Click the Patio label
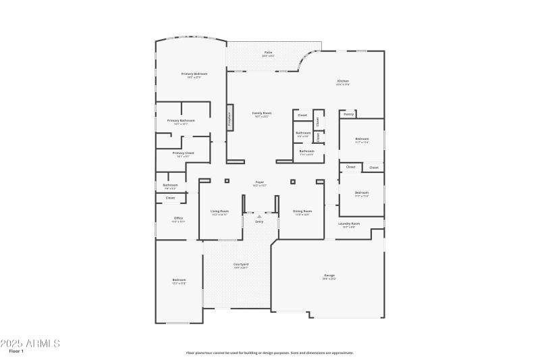[268, 52]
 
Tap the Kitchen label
[343, 81]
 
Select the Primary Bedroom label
[194, 73]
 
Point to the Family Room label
[262, 113]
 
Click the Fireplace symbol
[230, 117]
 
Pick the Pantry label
[348, 114]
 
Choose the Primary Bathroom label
[181, 121]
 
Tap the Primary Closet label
[183, 153]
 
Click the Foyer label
[259, 182]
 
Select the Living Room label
[219, 211]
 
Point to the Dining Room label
[302, 211]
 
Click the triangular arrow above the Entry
[259, 216]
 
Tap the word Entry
[259, 222]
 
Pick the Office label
[178, 218]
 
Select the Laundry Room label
[349, 224]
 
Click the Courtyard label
[241, 264]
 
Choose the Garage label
[329, 275]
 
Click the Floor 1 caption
[16, 352]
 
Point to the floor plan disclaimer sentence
[270, 353]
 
